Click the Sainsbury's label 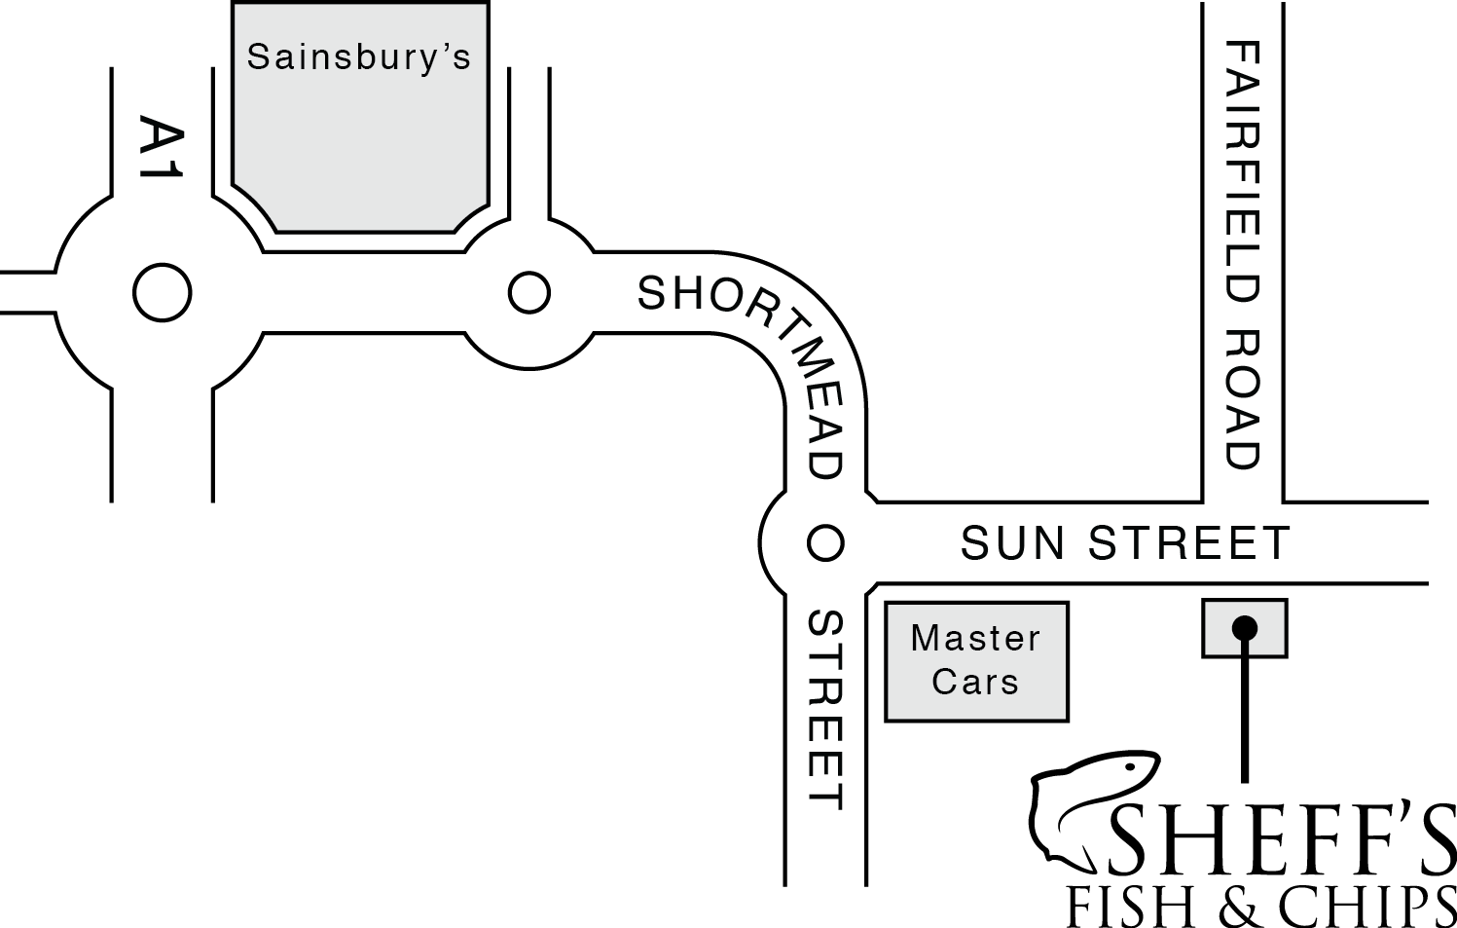pyautogui.click(x=358, y=57)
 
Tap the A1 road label pyautogui.click(x=161, y=148)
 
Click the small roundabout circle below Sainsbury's pyautogui.click(x=529, y=292)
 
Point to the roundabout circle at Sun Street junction pyautogui.click(x=825, y=542)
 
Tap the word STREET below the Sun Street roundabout pyautogui.click(x=826, y=710)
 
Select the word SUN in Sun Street pyautogui.click(x=1012, y=542)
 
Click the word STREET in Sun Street pyautogui.click(x=1188, y=542)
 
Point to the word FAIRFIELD pyautogui.click(x=1243, y=180)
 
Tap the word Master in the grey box pyautogui.click(x=975, y=639)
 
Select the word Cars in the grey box pyautogui.click(x=975, y=682)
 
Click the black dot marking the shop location pyautogui.click(x=1244, y=628)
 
